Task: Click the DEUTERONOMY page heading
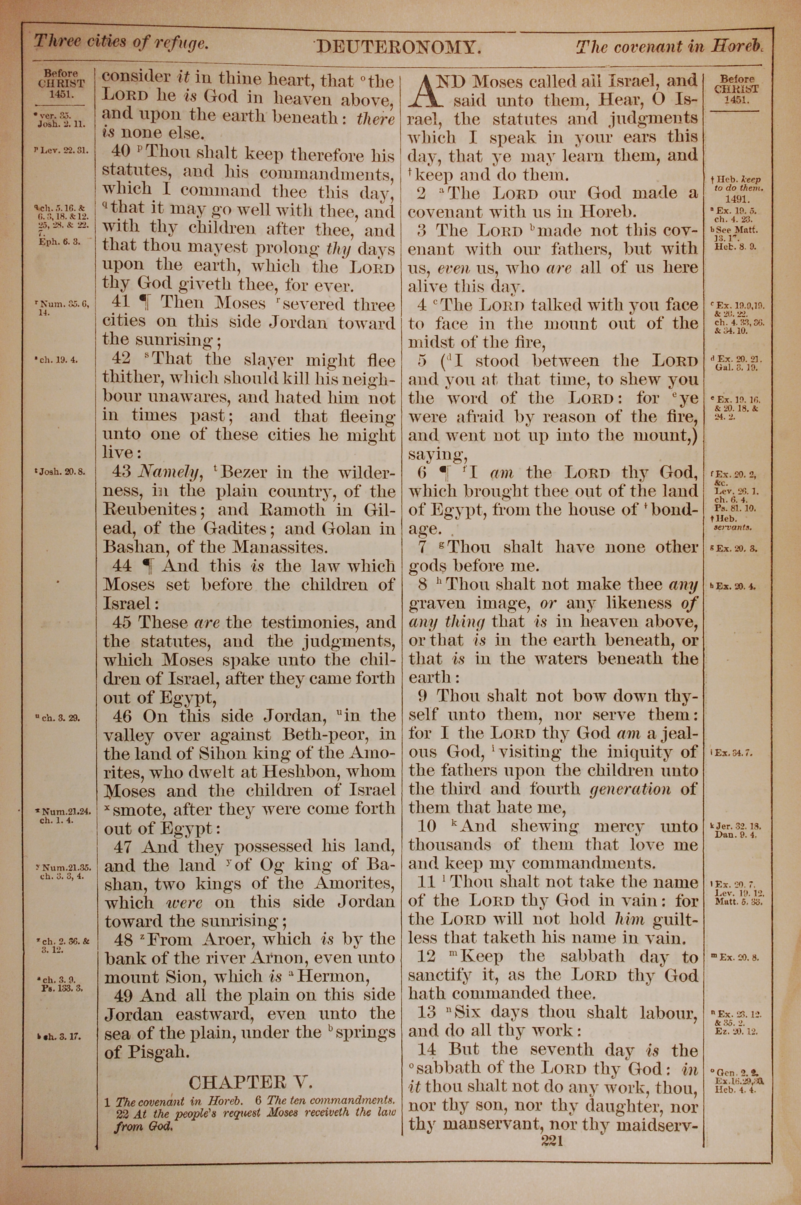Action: coord(398,48)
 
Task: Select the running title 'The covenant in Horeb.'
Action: coord(669,47)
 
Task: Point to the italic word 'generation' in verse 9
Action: coord(630,789)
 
